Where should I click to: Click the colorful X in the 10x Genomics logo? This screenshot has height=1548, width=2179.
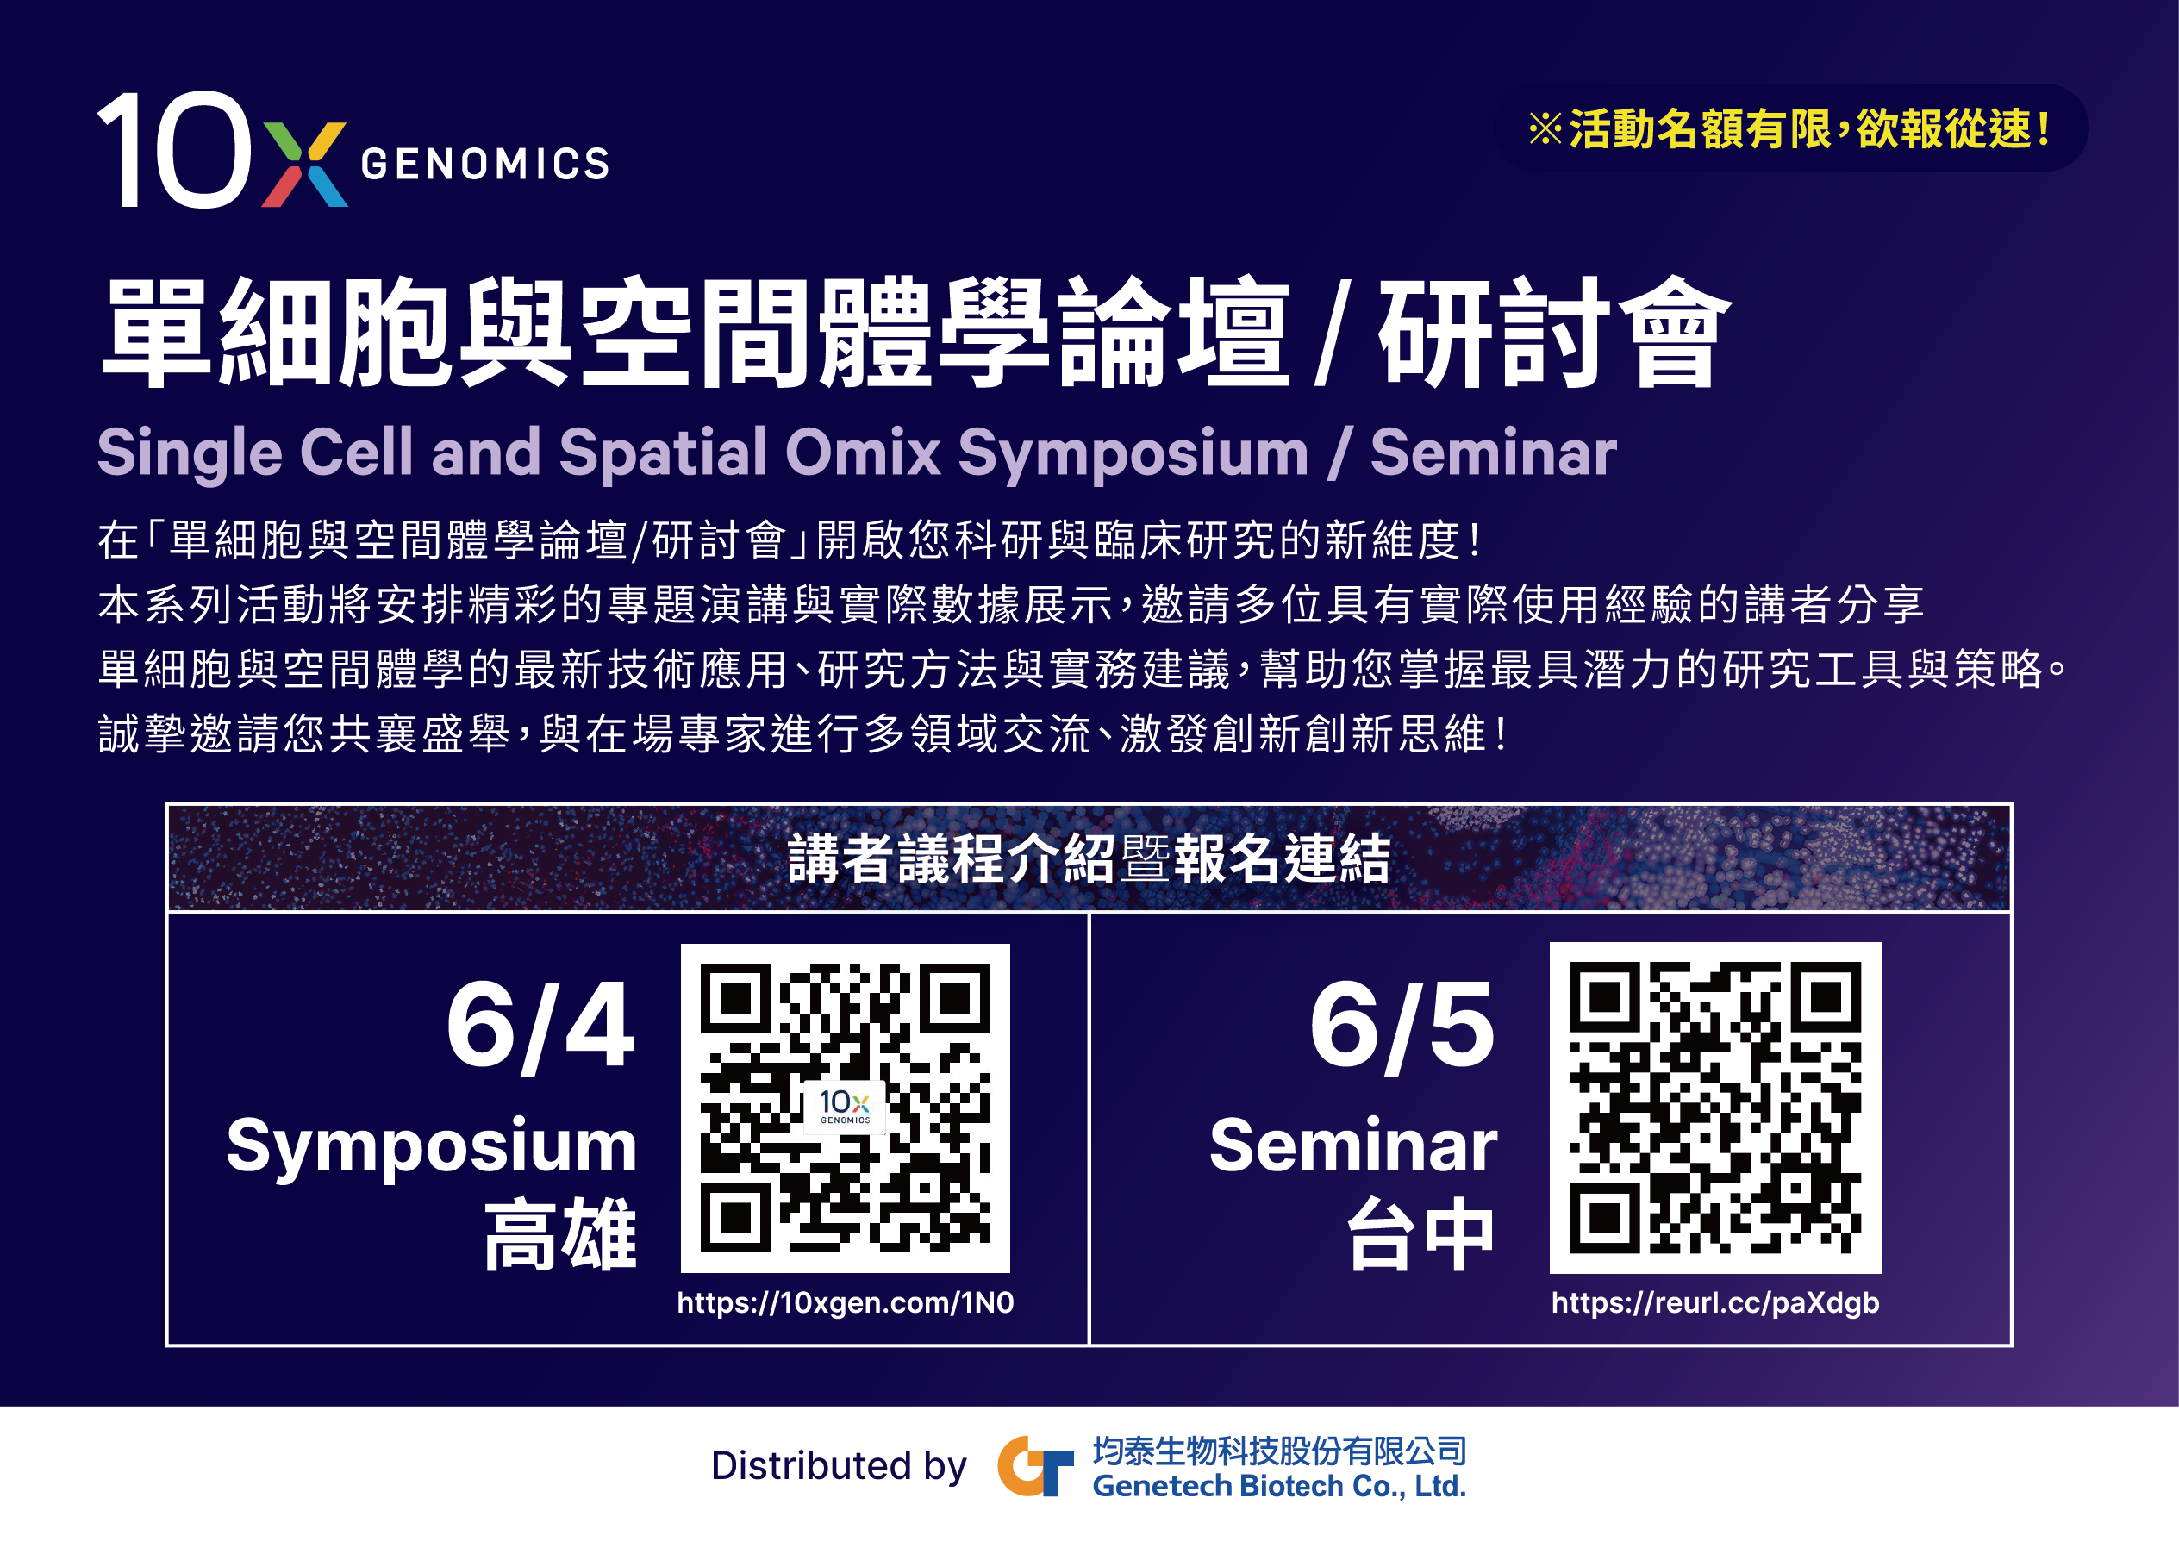point(304,164)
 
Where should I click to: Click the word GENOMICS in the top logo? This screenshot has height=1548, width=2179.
point(485,164)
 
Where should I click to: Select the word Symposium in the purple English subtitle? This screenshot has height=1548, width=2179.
point(1133,453)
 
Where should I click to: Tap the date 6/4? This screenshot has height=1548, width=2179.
point(540,1027)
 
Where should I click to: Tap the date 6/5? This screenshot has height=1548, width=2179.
point(1402,1027)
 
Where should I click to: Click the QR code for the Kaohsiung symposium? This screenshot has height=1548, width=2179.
point(845,1108)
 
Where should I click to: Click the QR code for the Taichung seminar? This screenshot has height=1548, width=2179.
point(1714,1108)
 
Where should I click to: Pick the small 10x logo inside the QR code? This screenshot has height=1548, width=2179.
point(845,1108)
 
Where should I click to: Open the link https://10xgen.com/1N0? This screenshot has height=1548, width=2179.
point(845,1303)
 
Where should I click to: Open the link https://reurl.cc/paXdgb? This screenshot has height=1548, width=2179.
point(1714,1303)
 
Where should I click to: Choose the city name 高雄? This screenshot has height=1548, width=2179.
point(560,1235)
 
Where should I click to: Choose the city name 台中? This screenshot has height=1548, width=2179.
point(1420,1235)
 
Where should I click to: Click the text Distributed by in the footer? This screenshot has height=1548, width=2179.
point(839,1466)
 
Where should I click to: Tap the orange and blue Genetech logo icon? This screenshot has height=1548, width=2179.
point(1035,1466)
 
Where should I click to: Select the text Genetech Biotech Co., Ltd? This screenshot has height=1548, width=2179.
point(1279,1486)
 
